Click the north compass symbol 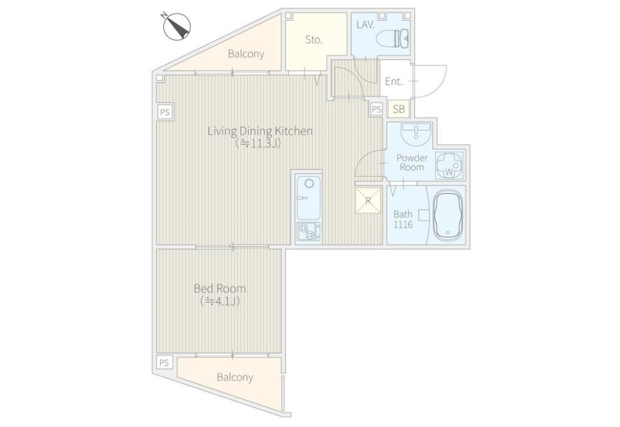point(177,26)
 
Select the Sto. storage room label point(314,39)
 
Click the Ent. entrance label point(394,81)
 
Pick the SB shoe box point(399,109)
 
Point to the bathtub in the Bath point(448,215)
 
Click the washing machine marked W point(448,165)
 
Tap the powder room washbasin point(416,134)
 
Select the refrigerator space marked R point(368,200)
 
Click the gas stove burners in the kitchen point(309,231)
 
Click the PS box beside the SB point(376,109)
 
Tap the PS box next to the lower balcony point(165,362)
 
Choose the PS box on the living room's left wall point(165,112)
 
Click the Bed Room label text point(220,289)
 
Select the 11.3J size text point(258,143)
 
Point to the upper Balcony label point(246,54)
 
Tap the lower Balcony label point(235,377)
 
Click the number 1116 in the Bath point(403,225)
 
